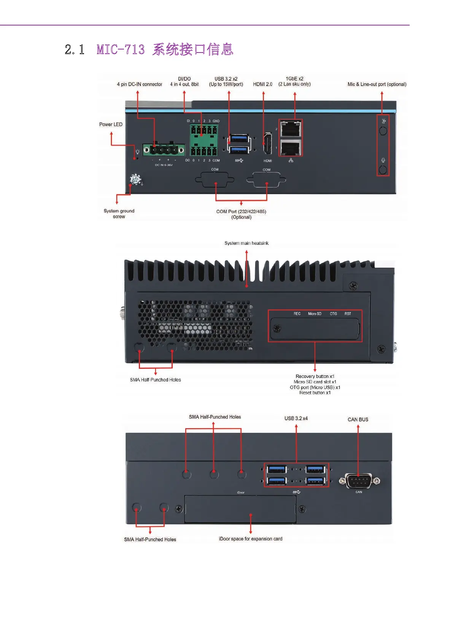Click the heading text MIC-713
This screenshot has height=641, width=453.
(121, 50)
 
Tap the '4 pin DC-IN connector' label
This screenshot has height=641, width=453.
(139, 84)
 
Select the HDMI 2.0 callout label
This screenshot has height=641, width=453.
(262, 84)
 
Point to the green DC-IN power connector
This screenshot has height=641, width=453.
(164, 150)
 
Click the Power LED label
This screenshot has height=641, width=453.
(111, 124)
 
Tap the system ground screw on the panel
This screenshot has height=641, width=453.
(135, 179)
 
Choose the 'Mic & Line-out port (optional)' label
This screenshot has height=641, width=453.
(377, 84)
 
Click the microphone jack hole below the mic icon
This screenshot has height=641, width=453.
(383, 170)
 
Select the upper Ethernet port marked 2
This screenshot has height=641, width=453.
(291, 129)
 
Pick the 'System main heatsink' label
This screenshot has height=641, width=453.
(246, 243)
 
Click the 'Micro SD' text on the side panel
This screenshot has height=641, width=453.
(315, 314)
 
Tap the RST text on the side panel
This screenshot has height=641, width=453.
(348, 314)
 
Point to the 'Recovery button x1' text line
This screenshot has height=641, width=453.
(315, 376)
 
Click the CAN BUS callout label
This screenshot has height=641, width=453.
(358, 419)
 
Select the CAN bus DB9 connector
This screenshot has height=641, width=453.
(359, 481)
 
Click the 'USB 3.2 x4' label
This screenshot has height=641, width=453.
(296, 418)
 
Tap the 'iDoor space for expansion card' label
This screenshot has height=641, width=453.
(251, 539)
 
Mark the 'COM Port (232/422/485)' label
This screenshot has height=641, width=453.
(241, 212)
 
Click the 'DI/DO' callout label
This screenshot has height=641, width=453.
(184, 79)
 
